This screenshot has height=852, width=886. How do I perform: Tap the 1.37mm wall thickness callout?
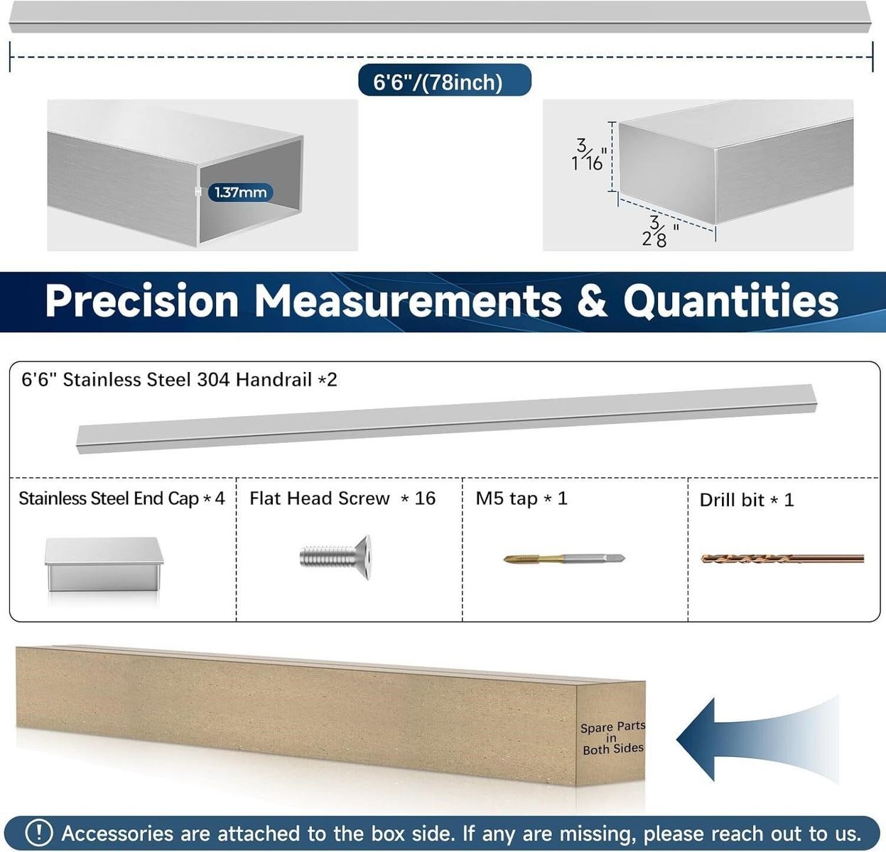pos(240,192)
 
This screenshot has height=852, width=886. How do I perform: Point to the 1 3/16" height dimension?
pos(589,155)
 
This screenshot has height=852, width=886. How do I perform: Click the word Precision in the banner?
pos(142,300)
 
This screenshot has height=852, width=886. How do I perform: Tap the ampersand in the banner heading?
pos(592,300)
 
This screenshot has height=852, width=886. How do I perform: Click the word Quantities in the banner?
pos(730,300)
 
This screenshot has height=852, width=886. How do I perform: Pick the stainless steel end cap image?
pos(104,564)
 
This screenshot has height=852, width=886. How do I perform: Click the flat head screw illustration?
pos(335,557)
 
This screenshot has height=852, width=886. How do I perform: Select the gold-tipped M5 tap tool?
pos(564,558)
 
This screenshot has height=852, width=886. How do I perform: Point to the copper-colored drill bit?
pos(782,558)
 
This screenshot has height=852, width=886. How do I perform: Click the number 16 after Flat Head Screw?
pos(425,498)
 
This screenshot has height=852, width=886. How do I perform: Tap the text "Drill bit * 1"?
pos(747,500)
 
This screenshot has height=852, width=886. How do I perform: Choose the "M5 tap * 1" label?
pos(522,498)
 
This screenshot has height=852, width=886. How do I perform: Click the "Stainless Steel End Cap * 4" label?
pos(121,498)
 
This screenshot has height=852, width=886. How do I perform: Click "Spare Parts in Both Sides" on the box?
pos(613,738)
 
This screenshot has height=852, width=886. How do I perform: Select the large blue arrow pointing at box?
pos(757,739)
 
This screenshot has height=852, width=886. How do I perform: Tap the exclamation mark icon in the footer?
pos(39,833)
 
